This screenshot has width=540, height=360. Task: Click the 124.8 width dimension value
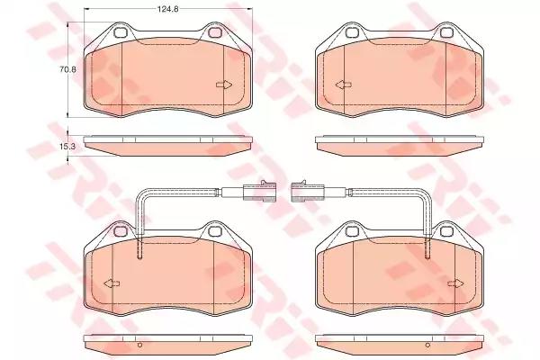tap(167, 9)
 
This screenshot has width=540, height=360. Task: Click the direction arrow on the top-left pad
tap(224, 85)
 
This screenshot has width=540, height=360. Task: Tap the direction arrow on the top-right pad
tap(344, 85)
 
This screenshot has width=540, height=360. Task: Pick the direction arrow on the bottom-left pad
tap(112, 283)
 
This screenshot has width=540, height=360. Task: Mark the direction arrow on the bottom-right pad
tap(456, 283)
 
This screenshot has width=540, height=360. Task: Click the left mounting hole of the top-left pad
tap(121, 32)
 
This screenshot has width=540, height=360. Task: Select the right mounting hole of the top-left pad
tap(215, 32)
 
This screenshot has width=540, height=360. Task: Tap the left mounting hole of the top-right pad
tap(352, 32)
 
